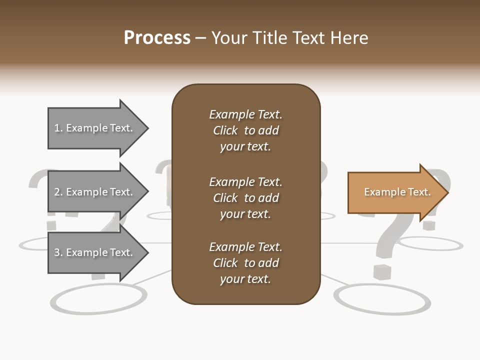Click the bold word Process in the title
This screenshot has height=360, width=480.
coord(157,38)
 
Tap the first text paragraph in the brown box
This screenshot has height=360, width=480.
coord(245,130)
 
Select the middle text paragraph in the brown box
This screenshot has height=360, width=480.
coord(245,198)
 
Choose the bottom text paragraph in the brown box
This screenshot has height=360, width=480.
coord(245,263)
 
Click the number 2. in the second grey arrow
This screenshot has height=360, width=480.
coord(58,192)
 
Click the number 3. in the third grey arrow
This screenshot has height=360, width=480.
coord(58,252)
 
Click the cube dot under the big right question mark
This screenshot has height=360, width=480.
coord(383,272)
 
